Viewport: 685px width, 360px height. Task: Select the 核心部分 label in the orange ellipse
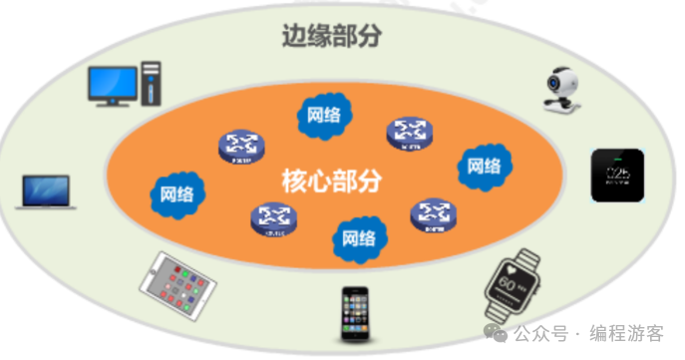[333, 180]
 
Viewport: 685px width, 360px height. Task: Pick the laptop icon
[45, 192]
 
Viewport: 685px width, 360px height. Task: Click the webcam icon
[559, 89]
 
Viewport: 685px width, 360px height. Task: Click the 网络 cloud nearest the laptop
[176, 191]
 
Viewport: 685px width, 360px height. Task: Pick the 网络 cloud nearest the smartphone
[358, 238]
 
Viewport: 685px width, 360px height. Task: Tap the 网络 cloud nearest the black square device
[485, 166]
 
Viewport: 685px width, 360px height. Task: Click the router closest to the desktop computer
[237, 148]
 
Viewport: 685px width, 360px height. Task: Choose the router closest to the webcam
[410, 132]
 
